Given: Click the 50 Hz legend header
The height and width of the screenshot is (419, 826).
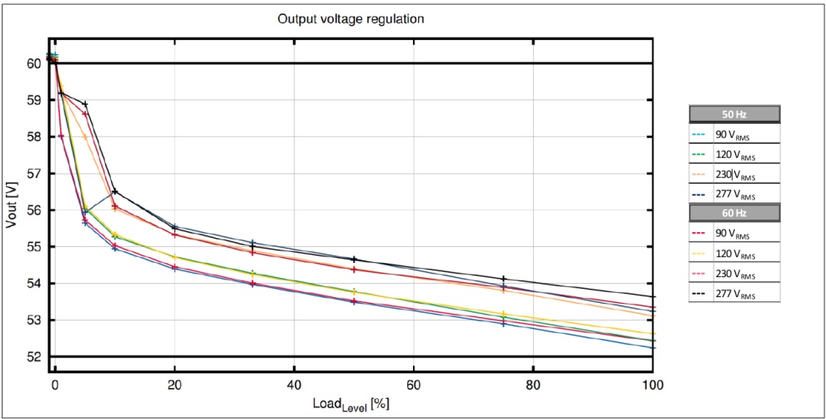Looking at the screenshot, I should click(x=734, y=114).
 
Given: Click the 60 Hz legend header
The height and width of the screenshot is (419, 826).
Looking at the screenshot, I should click(x=734, y=213).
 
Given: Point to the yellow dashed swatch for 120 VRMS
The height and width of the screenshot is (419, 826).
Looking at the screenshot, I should click(x=699, y=252).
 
